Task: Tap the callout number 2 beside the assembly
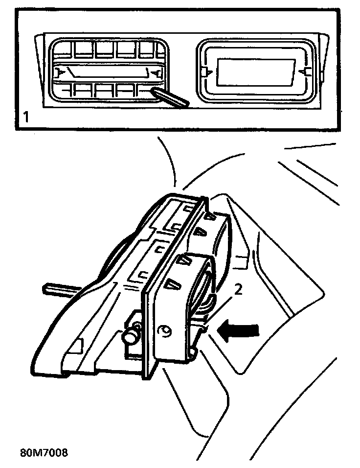[238, 290]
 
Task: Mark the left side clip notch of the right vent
[204, 72]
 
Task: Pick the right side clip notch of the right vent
[306, 71]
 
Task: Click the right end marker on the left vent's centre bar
[157, 73]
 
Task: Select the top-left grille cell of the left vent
[63, 49]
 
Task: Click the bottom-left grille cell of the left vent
[63, 91]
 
